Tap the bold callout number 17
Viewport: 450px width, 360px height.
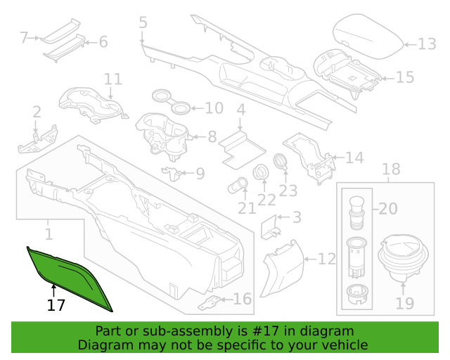[56, 305]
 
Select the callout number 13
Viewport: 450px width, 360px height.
[427, 44]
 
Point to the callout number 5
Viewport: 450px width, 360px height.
[143, 22]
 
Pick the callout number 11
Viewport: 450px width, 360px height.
[113, 79]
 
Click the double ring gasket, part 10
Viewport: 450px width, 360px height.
[171, 102]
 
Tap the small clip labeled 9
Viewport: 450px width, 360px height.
[172, 173]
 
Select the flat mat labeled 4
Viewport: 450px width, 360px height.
[243, 150]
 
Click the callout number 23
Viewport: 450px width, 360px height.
[288, 191]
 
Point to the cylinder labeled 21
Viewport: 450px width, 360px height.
[238, 186]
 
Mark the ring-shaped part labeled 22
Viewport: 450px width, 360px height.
[261, 172]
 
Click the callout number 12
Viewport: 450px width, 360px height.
[327, 259]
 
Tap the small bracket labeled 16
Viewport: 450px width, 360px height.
[210, 303]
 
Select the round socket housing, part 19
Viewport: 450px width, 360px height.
[403, 258]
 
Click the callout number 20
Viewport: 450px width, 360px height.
[388, 209]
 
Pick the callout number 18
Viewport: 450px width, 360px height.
[391, 169]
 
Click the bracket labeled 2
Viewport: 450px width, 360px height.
[38, 139]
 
